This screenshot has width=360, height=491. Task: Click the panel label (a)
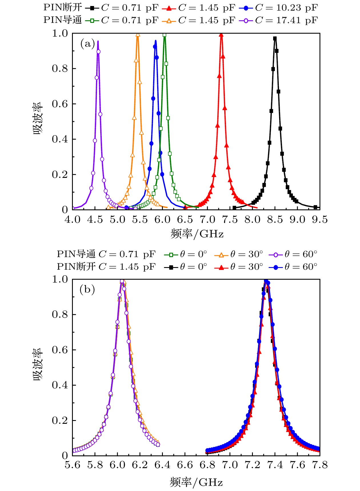pyautogui.click(x=87, y=44)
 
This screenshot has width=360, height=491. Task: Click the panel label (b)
pyautogui.click(x=87, y=290)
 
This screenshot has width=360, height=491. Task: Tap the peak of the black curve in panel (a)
pyautogui.click(x=275, y=38)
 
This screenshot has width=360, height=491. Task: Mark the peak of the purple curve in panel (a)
pyautogui.click(x=98, y=41)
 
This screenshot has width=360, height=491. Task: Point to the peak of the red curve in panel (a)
pyautogui.click(x=221, y=34)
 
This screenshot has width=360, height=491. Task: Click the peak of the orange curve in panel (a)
pyautogui.click(x=138, y=35)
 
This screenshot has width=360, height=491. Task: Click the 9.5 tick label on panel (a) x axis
pyautogui.click(x=319, y=220)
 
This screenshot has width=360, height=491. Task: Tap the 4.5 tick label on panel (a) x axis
pyautogui.click(x=95, y=220)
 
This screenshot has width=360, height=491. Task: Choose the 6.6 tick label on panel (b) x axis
pyautogui.click(x=185, y=465)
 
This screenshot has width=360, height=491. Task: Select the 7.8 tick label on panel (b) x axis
pyautogui.click(x=320, y=465)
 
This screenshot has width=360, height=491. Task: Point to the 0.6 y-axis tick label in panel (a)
pyautogui.click(x=60, y=104)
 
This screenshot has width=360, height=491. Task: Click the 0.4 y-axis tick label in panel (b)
pyautogui.click(x=60, y=385)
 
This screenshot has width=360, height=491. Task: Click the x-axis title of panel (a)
pyautogui.click(x=197, y=234)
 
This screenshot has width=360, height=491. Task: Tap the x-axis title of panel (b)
pyautogui.click(x=196, y=482)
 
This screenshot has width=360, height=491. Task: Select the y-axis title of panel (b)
pyautogui.click(x=38, y=364)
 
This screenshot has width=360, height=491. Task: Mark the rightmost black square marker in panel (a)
pyautogui.click(x=315, y=207)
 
